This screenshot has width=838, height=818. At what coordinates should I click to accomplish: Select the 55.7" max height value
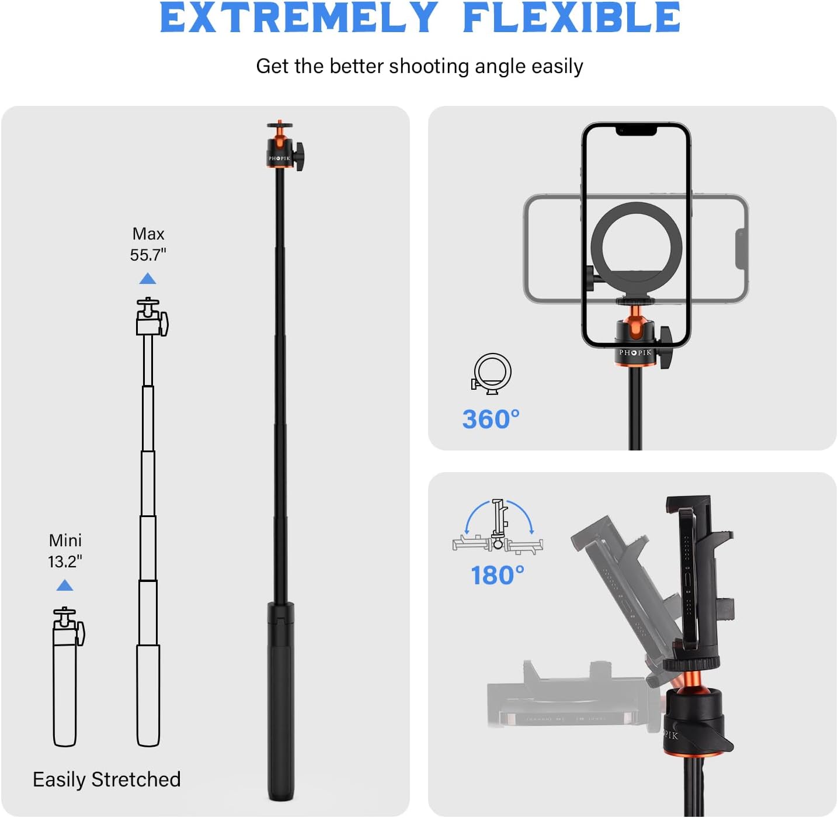[x=148, y=255]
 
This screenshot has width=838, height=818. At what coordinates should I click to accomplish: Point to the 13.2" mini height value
[x=65, y=561]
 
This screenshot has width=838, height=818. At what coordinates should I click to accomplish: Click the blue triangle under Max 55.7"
[x=148, y=279]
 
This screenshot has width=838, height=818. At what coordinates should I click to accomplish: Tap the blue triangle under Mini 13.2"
[x=65, y=585]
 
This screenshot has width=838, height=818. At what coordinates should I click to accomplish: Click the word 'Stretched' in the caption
[x=136, y=779]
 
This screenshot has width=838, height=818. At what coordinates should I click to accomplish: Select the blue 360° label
[x=491, y=420]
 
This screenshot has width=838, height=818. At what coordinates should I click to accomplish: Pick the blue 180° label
[x=498, y=576]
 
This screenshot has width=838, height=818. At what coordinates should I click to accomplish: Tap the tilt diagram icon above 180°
[x=498, y=525]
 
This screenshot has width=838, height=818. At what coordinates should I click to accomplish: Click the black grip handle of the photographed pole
[x=281, y=701]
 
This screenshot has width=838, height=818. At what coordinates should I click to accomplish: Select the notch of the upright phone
[x=636, y=130]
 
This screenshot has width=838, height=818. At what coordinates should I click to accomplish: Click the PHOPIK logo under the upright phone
[x=635, y=353]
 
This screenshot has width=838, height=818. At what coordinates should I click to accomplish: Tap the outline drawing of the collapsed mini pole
[x=65, y=678]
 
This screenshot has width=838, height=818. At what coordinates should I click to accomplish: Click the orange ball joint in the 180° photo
[x=692, y=683]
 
